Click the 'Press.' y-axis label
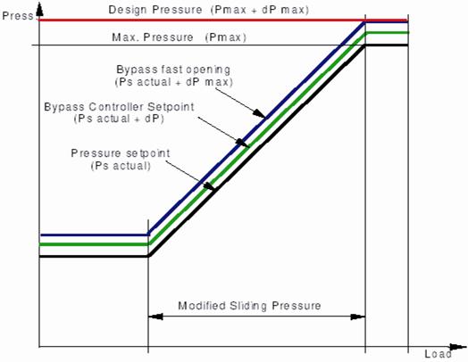click(18, 15)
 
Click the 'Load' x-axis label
click(438, 354)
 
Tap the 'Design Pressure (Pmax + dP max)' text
click(208, 10)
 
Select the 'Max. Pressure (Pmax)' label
click(180, 37)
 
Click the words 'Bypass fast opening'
click(173, 70)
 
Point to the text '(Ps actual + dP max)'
click(173, 82)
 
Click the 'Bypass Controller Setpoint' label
click(119, 107)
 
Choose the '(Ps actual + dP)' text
click(119, 119)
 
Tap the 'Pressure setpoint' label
click(121, 153)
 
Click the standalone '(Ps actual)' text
click(121, 165)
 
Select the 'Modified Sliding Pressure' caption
click(249, 306)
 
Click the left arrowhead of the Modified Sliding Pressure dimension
click(155, 317)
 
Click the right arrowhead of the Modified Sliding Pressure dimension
click(357, 317)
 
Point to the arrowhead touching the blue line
click(260, 113)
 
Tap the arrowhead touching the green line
click(242, 143)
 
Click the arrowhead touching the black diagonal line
click(210, 186)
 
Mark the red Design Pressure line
click(223, 20)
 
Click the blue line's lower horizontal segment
click(95, 234)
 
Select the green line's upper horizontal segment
click(388, 32)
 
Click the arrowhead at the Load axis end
click(458, 347)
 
